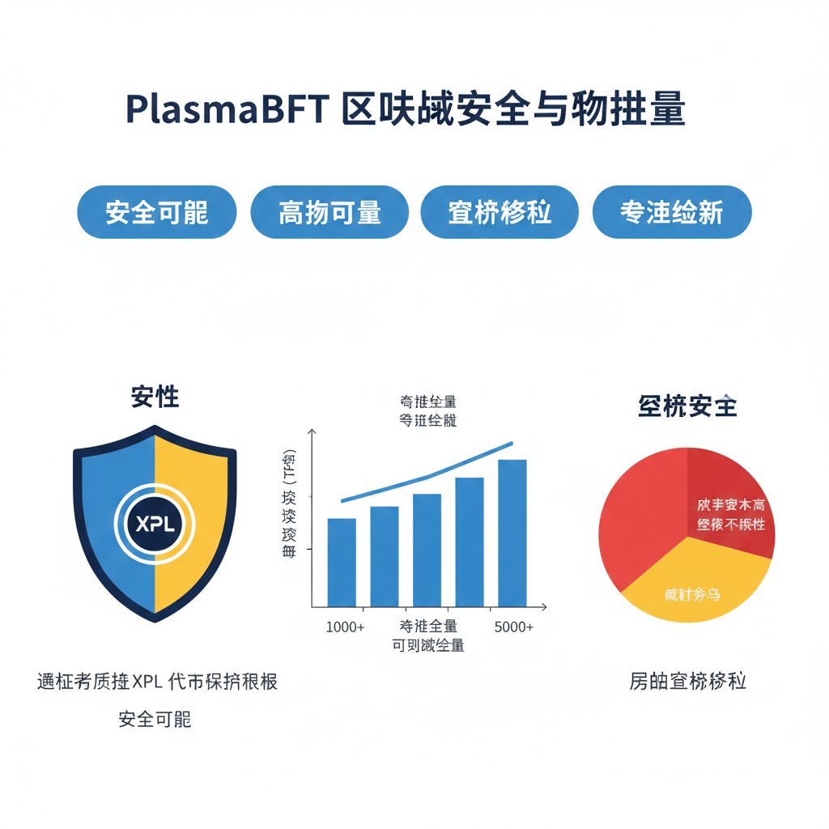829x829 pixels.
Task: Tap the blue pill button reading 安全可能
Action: [x=156, y=212]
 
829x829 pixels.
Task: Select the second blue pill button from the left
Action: [x=329, y=212]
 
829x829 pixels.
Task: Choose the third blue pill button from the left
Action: [x=500, y=212]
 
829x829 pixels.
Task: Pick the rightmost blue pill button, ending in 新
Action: [x=672, y=212]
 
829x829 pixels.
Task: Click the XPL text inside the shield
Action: [x=155, y=524]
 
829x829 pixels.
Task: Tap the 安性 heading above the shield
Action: [x=155, y=397]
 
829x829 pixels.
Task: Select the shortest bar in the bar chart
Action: [x=342, y=562]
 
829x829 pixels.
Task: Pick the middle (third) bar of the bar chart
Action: [x=427, y=550]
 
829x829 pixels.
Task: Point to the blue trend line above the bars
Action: [x=429, y=476]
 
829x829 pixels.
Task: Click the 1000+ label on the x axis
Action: [x=345, y=627]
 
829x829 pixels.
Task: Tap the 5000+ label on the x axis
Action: [x=513, y=627]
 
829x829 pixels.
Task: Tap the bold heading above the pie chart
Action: [x=687, y=406]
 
